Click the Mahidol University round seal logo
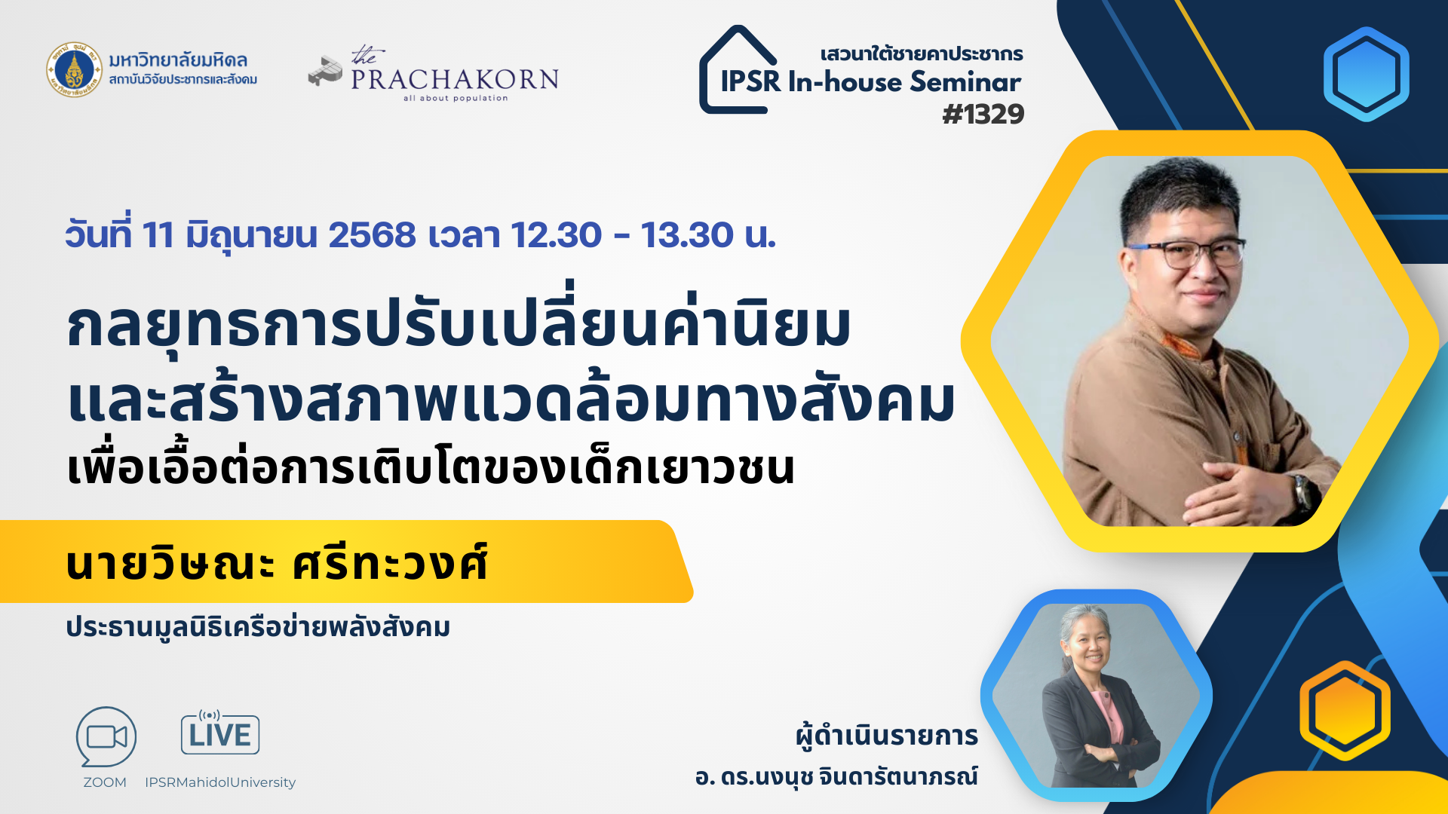pos(73,69)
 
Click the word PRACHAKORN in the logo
pos(455,79)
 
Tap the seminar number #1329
pos(983,115)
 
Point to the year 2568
pos(372,234)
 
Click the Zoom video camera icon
pos(106,736)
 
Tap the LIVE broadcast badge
pos(220,732)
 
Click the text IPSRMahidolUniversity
pos(220,782)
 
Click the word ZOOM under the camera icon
pos(105,782)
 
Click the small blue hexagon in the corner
pos(1366,74)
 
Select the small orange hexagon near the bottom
pos(1345,710)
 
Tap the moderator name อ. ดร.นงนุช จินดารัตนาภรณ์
pos(836,776)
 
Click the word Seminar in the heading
pos(965,81)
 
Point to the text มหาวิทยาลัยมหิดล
pos(178,60)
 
